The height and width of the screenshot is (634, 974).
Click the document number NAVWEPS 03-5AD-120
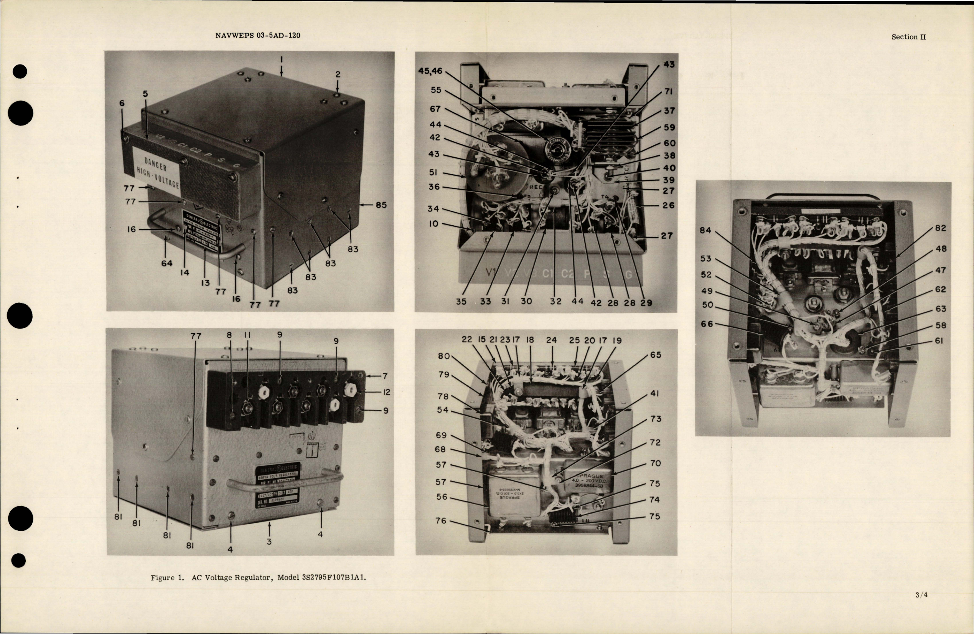pos(257,36)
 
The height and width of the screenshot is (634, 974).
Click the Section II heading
pos(908,37)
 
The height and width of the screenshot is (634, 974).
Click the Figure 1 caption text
pos(258,578)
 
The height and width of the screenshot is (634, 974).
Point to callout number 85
pos(381,205)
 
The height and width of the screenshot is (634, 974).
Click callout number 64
pos(166,264)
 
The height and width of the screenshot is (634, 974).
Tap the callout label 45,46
pos(430,71)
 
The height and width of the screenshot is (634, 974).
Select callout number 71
pos(669,92)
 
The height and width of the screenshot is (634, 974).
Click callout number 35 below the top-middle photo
pos(461,301)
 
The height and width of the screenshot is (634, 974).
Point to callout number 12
pos(386,392)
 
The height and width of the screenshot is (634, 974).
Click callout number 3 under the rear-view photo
pos(269,542)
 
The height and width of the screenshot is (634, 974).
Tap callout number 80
pos(443,356)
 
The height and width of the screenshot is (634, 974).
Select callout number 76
pos(441,521)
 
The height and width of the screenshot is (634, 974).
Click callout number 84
pos(705,230)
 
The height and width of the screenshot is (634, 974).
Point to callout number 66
pos(707,324)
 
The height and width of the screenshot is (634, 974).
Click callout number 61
pos(939,340)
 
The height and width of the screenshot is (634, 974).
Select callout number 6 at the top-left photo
pos(122,104)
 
